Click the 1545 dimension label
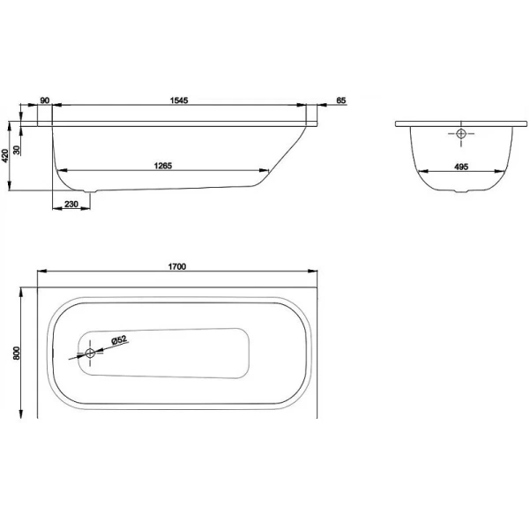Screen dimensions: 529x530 (x=179, y=101)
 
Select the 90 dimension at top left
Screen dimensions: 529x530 (x=44, y=101)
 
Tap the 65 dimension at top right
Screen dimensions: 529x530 (x=340, y=101)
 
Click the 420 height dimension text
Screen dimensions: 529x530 (x=7, y=155)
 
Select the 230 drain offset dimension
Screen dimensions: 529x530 (x=72, y=205)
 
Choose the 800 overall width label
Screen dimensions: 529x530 (x=16, y=353)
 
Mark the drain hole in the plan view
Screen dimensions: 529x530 (x=89, y=354)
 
